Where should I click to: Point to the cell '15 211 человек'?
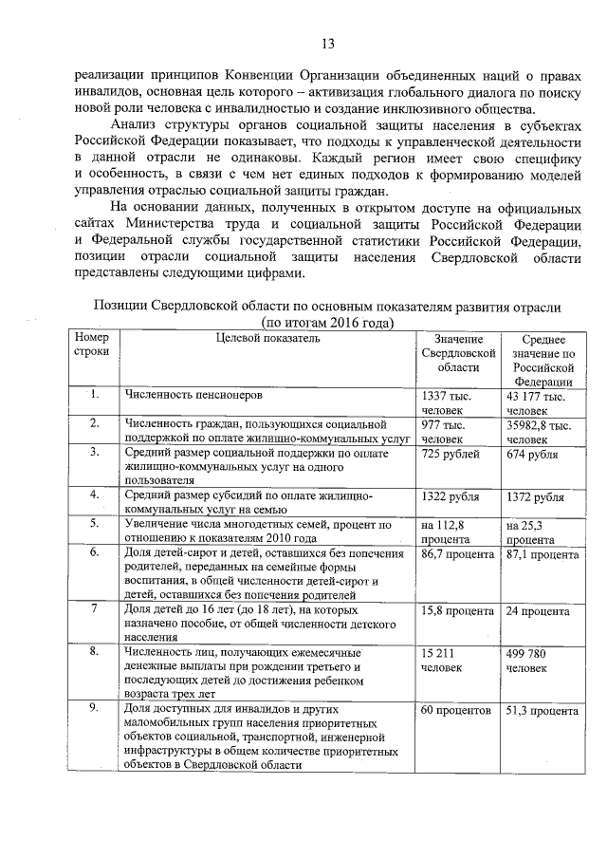click(x=442, y=661)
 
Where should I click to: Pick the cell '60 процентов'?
click(x=455, y=710)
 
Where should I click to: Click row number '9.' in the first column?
click(x=95, y=709)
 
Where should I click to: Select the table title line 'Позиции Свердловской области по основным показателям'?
click(x=327, y=308)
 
